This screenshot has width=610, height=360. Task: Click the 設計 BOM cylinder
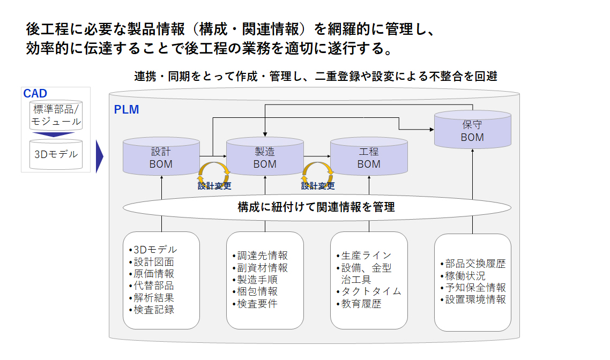pos(161,157)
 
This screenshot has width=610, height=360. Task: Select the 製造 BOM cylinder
pos(265,157)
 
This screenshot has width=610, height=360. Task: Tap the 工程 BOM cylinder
pos(369,157)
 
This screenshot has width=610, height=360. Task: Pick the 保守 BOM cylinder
pos(472,131)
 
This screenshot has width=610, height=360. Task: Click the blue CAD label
pos(35,94)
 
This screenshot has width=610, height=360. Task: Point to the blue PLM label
pos(127,110)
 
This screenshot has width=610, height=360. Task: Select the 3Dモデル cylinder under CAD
pos(56,154)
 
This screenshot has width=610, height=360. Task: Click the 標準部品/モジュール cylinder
pos(56,116)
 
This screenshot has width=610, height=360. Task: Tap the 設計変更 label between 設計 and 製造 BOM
pos(214,186)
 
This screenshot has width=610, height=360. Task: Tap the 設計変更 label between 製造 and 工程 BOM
pos(318,186)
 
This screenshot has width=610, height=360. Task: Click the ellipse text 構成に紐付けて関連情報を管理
pos(316,207)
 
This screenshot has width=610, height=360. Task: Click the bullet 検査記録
pos(153,309)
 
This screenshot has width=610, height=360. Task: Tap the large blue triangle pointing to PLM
pos(99,157)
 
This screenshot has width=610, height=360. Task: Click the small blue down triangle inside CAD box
pos(56,134)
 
